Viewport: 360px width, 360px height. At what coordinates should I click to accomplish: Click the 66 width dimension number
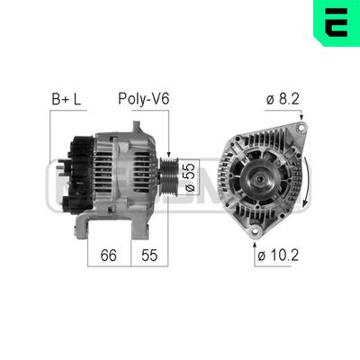[108, 255]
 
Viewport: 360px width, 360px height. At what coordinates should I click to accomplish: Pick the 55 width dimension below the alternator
[149, 255]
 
